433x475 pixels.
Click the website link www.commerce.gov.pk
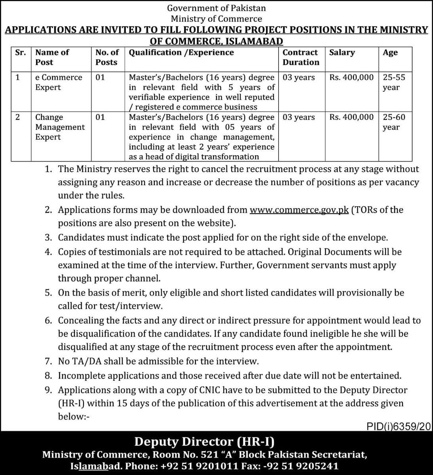(299, 210)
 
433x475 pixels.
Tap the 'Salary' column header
(342, 53)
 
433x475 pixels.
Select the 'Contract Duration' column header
(300, 57)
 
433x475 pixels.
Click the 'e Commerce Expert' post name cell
(59, 82)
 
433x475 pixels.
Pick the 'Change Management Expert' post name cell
(60, 127)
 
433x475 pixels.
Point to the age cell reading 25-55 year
(391, 82)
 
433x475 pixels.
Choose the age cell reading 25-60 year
(391, 122)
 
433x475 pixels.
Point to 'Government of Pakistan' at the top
(216, 8)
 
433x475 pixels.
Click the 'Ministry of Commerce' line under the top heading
(216, 18)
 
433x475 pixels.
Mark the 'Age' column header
(390, 53)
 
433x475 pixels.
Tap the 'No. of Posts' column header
(107, 57)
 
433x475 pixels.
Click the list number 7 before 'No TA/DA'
(48, 361)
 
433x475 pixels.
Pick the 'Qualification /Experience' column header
(181, 53)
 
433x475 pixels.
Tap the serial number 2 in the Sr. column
(17, 117)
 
